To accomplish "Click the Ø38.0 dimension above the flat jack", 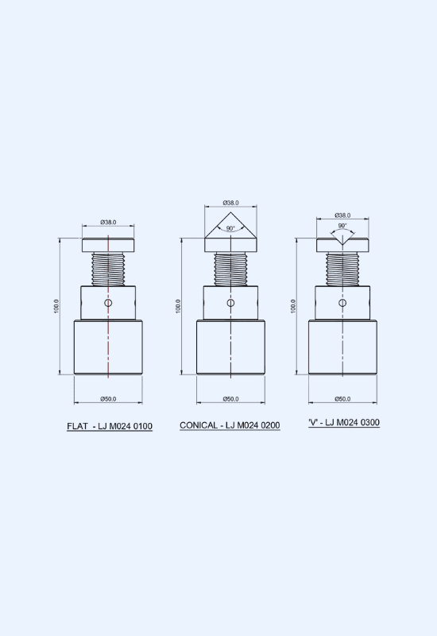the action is tap(108, 223).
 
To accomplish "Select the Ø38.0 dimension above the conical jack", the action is tap(230, 203).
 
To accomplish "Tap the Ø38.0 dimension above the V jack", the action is tap(342, 215).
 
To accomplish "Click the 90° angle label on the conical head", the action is tap(230, 228).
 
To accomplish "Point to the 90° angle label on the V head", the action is tap(342, 226).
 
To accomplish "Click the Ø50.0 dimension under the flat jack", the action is tap(108, 399).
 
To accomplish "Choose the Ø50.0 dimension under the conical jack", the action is tap(230, 399).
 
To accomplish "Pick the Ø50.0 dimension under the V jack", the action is tap(342, 399).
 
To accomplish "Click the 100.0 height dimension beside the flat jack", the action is tap(56, 306).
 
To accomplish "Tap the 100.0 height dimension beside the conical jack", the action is tap(178, 306).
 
